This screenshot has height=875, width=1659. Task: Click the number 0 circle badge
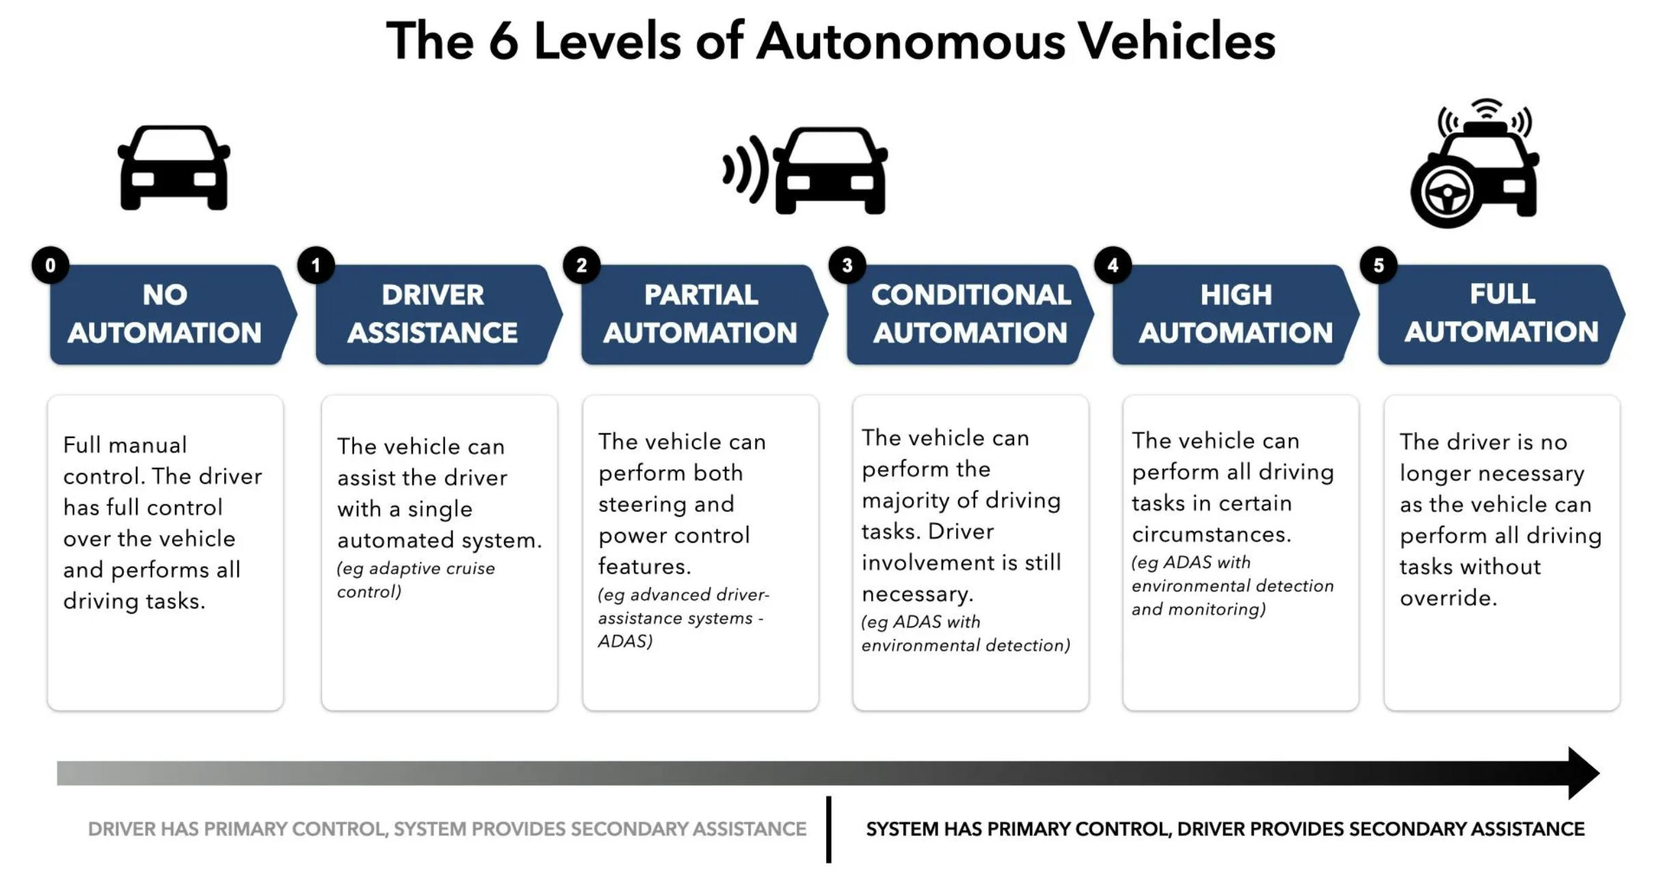pyautogui.click(x=50, y=265)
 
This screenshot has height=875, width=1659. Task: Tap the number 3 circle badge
pyautogui.click(x=847, y=265)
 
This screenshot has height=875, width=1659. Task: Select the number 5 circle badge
pyautogui.click(x=1379, y=265)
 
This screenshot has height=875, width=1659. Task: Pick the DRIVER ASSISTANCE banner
pyautogui.click(x=433, y=314)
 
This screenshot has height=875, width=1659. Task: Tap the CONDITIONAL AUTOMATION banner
pyautogui.click(x=970, y=314)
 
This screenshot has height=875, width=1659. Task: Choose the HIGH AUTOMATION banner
pyautogui.click(x=1236, y=314)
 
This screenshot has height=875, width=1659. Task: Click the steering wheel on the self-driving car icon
pyautogui.click(x=1446, y=193)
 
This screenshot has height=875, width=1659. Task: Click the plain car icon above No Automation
pyautogui.click(x=174, y=167)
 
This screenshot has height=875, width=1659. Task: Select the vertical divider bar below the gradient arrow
pyautogui.click(x=829, y=829)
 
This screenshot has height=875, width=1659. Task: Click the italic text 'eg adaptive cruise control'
pyautogui.click(x=415, y=580)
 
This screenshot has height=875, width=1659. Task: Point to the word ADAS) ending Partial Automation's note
pyautogui.click(x=625, y=641)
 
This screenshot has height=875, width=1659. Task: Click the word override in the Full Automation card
pyautogui.click(x=1448, y=598)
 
